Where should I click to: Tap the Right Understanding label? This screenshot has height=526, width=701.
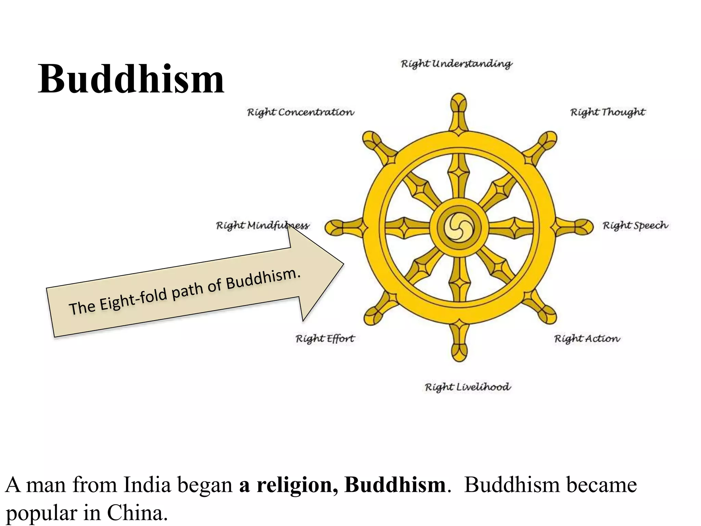coord(457,64)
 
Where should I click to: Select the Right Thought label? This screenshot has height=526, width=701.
coord(608,112)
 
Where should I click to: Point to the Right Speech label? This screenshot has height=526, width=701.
coord(635,226)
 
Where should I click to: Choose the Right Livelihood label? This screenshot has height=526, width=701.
coord(468,387)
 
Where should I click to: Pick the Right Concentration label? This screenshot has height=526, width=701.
coord(301,112)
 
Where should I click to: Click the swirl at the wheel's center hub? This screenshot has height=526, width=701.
coord(459,227)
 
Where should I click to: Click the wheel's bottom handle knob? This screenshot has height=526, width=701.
coord(459,351)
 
